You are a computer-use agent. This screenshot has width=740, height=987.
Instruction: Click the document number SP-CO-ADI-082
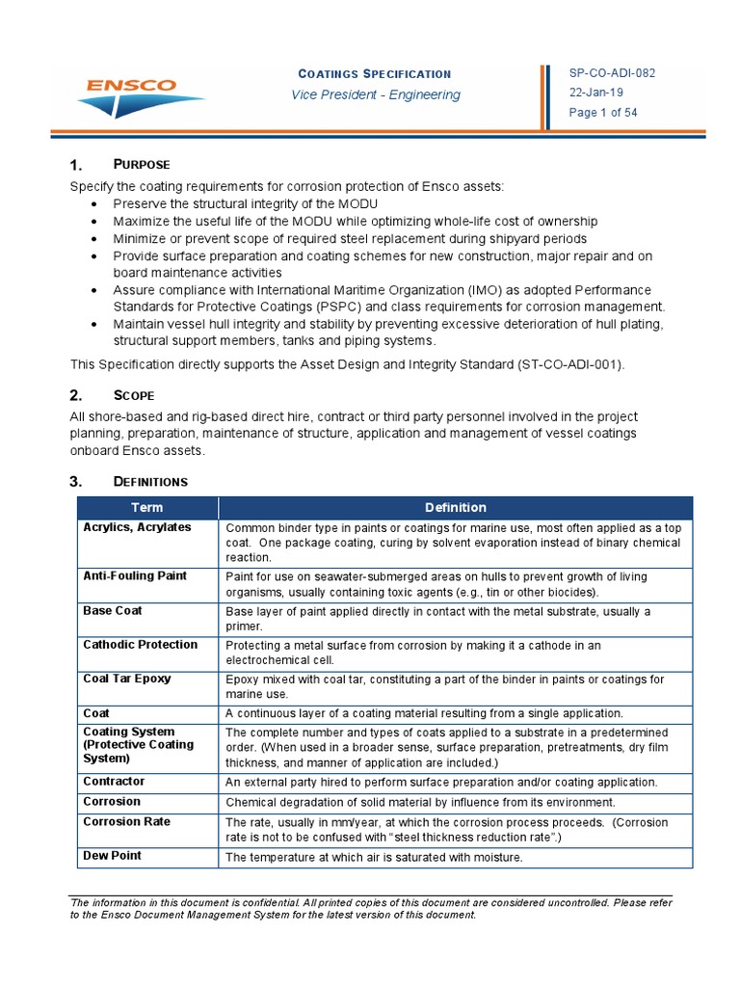click(613, 73)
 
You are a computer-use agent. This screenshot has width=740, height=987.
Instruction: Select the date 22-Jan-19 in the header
click(596, 93)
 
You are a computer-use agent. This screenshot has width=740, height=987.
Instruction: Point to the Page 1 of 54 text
click(603, 113)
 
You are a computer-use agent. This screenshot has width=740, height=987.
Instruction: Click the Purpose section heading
click(143, 165)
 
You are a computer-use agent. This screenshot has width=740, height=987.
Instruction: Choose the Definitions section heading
click(150, 481)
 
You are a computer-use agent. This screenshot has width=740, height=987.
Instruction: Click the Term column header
click(147, 507)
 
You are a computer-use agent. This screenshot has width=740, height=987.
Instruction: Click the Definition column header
click(456, 507)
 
